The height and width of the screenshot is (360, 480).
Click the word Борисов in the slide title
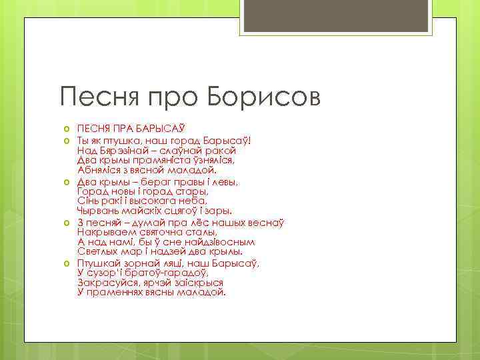[263, 98]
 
